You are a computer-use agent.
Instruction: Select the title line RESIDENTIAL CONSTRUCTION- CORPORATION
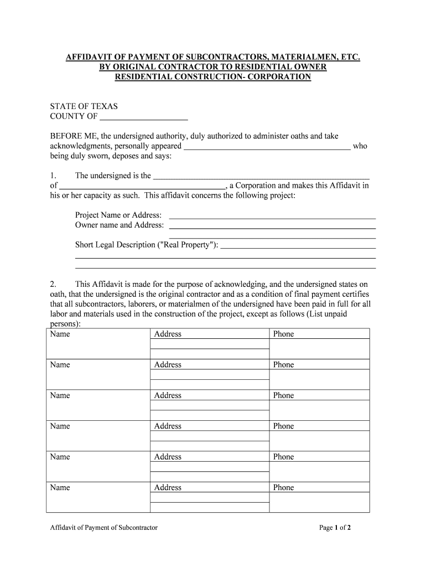[212, 77]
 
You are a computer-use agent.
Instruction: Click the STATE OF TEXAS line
[84, 106]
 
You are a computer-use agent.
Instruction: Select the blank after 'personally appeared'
[267, 146]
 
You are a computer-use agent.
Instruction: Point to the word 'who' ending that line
[360, 146]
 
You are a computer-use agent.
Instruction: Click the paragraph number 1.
[53, 176]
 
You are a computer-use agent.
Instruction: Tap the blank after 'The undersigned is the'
[261, 176]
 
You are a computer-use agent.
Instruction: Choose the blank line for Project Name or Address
[272, 215]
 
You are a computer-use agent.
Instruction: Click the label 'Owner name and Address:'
[120, 225]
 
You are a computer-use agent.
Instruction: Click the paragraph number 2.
[53, 284]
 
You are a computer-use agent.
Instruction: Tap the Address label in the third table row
[168, 395]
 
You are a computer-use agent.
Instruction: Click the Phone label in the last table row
[283, 488]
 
